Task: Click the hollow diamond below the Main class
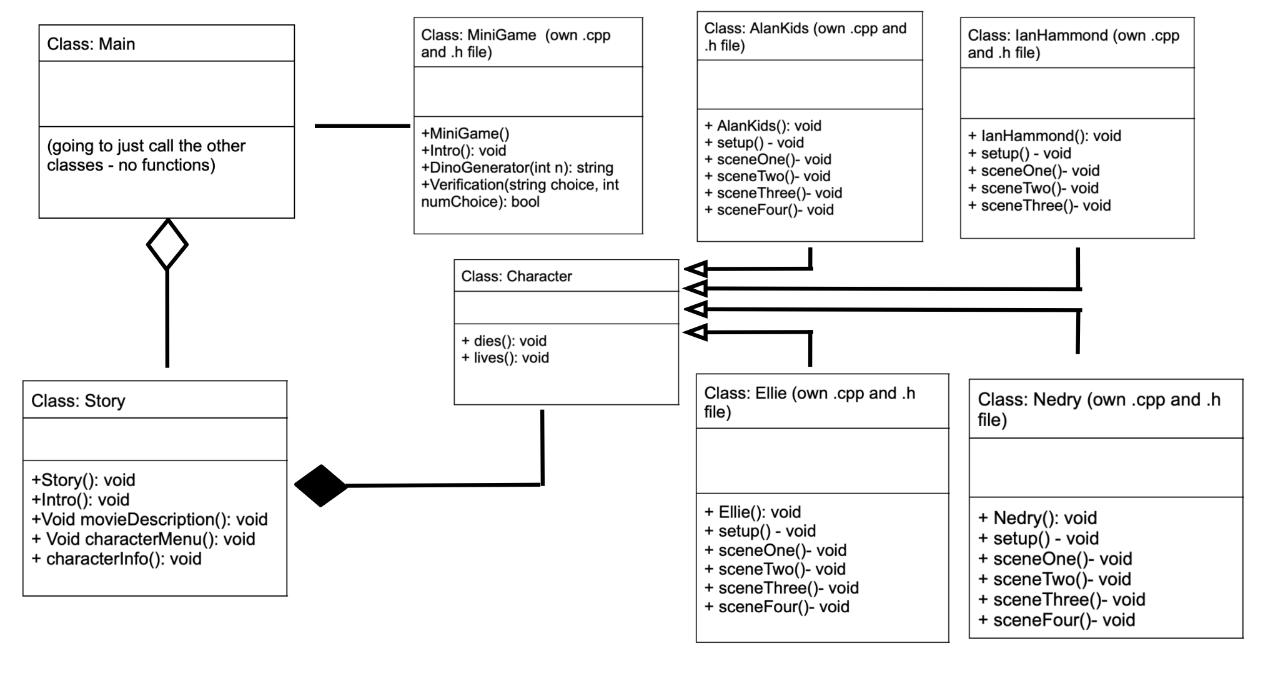tap(167, 244)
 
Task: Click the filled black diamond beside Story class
tap(320, 485)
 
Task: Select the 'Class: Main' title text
tap(91, 44)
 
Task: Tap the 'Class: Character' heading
tap(517, 276)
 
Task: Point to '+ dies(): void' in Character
tap(504, 341)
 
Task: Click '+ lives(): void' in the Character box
tap(505, 357)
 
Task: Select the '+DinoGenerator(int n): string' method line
tap(517, 167)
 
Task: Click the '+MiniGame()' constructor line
tap(465, 133)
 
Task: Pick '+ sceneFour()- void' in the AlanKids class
tap(769, 209)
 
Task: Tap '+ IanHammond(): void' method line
tap(1044, 136)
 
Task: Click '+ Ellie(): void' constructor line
tap(753, 512)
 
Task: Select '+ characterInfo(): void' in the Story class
tap(117, 559)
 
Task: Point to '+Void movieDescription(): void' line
tap(150, 519)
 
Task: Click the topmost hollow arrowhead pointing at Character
tap(696, 269)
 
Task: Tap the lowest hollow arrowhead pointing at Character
tap(696, 332)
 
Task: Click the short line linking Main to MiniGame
tap(362, 126)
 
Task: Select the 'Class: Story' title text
tap(78, 400)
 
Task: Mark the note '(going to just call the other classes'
tap(146, 155)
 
